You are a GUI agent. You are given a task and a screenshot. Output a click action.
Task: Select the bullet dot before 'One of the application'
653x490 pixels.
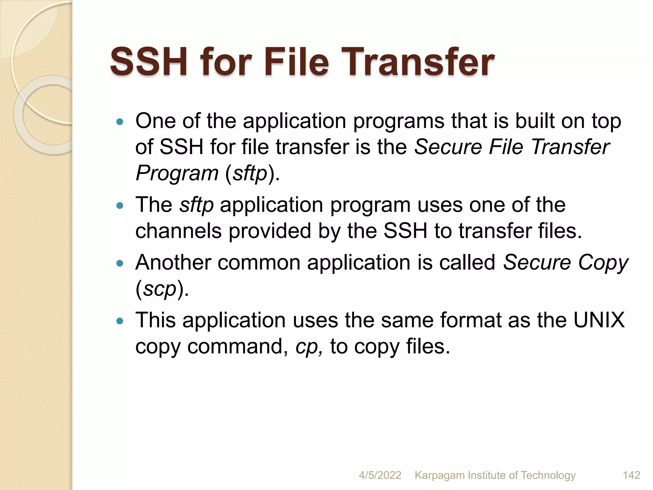(120, 122)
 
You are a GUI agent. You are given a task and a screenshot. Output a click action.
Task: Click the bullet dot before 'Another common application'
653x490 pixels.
(120, 263)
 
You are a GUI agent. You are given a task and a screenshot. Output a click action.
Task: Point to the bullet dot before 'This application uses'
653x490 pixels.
(120, 321)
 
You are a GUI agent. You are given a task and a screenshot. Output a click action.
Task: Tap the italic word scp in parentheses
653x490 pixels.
(159, 289)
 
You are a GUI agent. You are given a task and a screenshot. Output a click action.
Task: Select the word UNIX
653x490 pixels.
(599, 320)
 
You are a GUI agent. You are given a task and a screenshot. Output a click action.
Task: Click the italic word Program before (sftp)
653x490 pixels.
(177, 173)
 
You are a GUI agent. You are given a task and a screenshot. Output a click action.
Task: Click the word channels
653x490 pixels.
(178, 231)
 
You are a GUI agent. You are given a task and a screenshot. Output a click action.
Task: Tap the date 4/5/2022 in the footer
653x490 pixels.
(380, 475)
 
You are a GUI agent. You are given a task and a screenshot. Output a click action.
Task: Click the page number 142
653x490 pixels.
(631, 475)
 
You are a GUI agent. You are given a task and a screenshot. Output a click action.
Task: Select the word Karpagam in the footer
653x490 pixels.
(440, 475)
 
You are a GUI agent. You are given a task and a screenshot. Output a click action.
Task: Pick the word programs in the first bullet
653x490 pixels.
(399, 122)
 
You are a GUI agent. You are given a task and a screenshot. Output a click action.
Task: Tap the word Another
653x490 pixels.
(173, 263)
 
